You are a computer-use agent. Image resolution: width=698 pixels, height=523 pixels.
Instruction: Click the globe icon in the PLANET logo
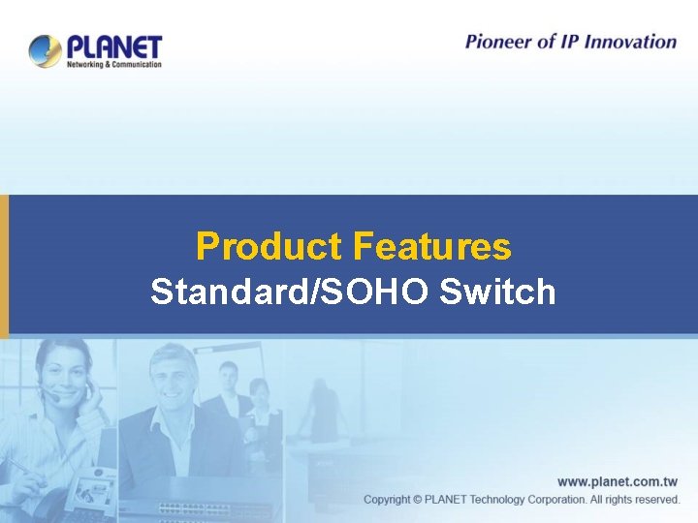pyautogui.click(x=46, y=50)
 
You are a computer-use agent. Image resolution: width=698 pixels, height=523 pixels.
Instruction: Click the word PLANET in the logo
pyautogui.click(x=114, y=46)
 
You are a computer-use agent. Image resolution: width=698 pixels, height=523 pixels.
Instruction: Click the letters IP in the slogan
pyautogui.click(x=573, y=42)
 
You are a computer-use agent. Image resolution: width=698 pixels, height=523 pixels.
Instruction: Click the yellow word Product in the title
pyautogui.click(x=269, y=247)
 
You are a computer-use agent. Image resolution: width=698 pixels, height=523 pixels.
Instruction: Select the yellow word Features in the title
pyautogui.click(x=431, y=247)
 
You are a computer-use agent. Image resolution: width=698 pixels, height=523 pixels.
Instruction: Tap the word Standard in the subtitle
pyautogui.click(x=228, y=292)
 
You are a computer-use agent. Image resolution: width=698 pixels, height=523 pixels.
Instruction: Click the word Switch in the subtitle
pyautogui.click(x=497, y=292)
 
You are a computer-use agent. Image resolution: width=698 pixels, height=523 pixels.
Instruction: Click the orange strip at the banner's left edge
pyautogui.click(x=4, y=265)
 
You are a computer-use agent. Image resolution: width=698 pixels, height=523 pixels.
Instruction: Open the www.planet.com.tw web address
pyautogui.click(x=618, y=481)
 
